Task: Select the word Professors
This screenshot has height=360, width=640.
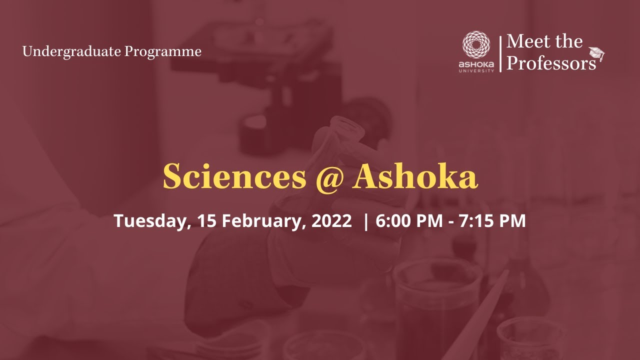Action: point(551,63)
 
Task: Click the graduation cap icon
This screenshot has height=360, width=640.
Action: point(596,54)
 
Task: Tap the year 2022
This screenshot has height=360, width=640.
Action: point(331,221)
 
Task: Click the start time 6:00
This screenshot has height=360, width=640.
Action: point(393,221)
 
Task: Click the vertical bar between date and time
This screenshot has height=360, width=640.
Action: point(366,221)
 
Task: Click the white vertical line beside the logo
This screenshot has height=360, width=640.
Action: point(500,53)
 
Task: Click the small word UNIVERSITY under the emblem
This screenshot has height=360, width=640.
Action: point(476,70)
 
